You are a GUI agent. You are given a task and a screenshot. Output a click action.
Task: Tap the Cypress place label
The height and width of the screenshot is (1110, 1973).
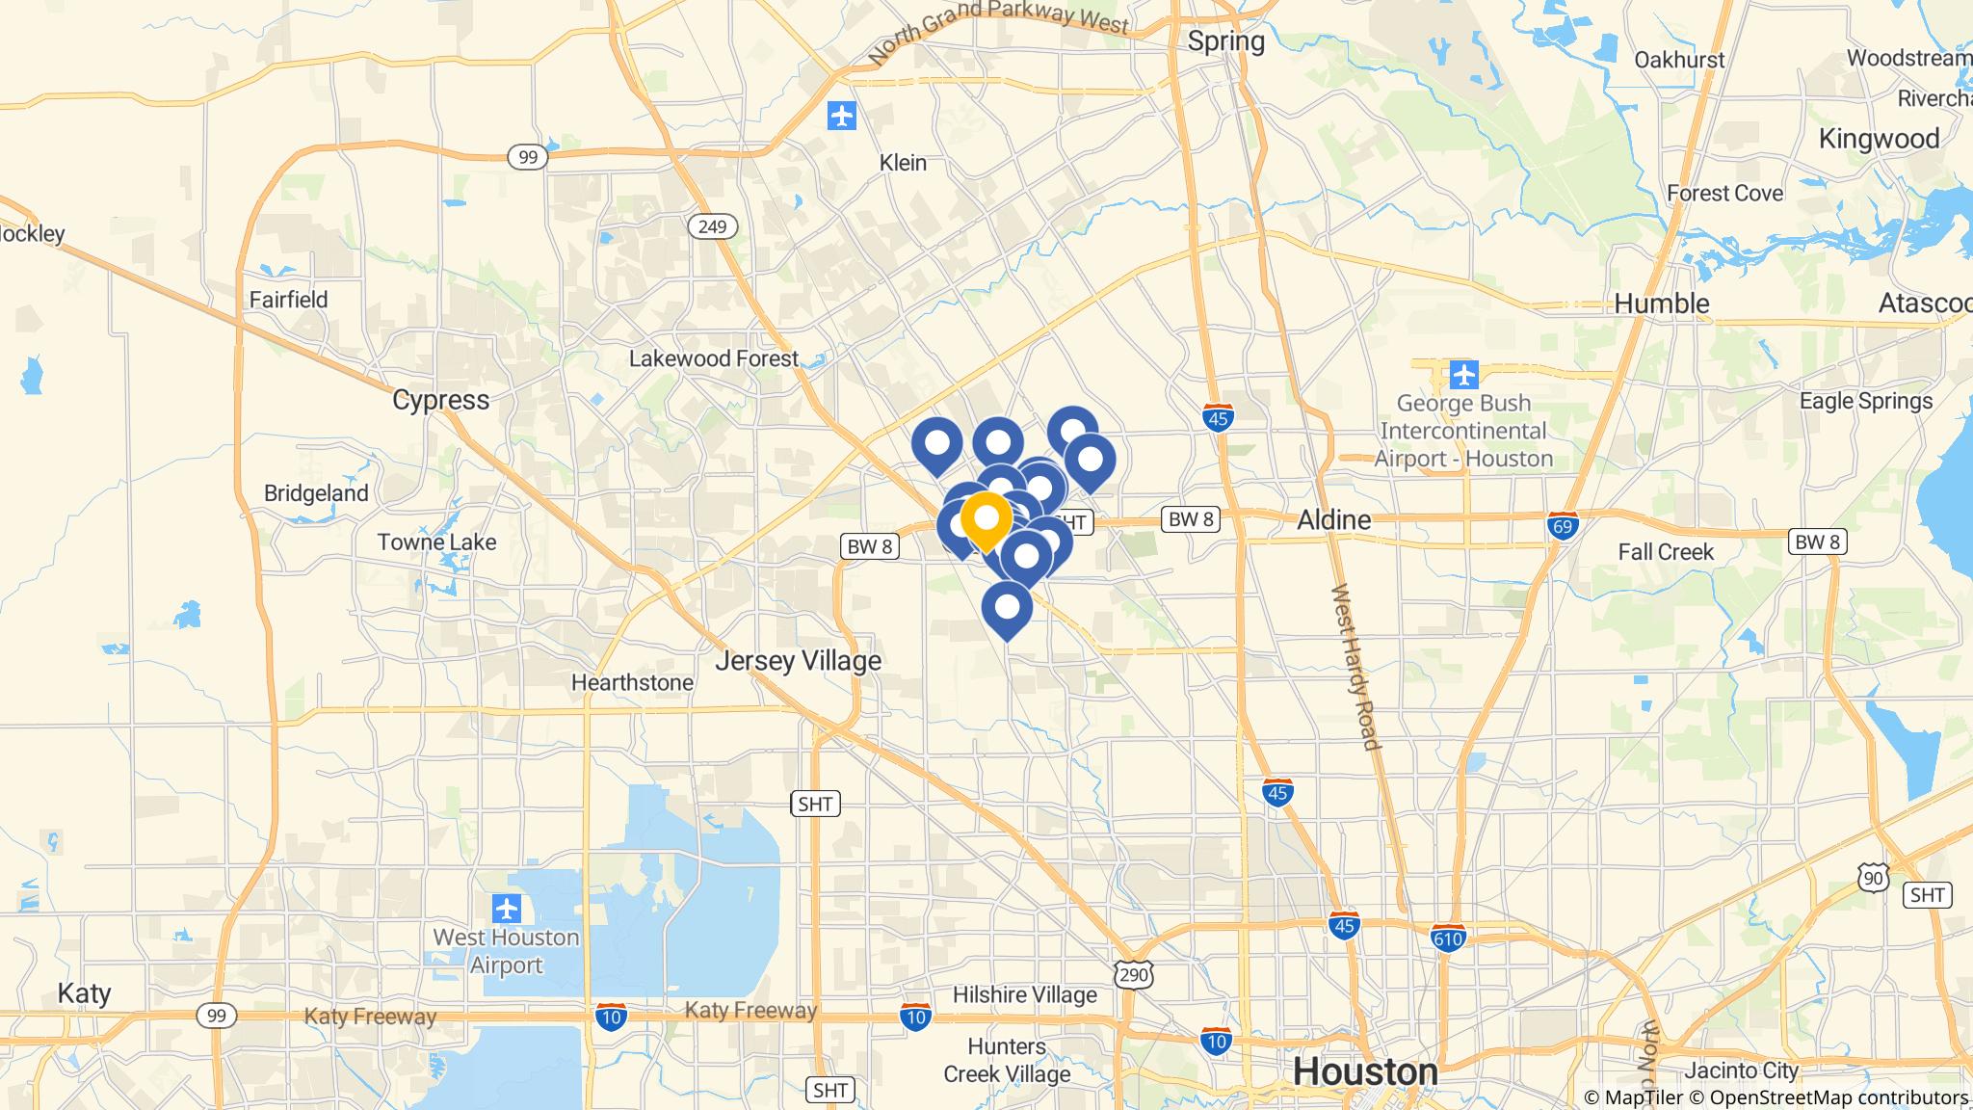tap(440, 400)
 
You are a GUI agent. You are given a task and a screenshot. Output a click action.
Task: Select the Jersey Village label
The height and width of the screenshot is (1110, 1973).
tap(798, 661)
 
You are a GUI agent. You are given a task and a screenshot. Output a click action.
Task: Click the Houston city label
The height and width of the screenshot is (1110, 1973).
tap(1365, 1071)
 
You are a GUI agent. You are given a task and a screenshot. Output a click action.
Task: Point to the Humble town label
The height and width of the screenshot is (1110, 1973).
tap(1661, 304)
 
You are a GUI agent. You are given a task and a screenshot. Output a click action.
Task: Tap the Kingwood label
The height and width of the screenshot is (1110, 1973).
tap(1879, 139)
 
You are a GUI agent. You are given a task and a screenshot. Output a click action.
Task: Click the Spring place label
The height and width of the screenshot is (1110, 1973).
tap(1225, 40)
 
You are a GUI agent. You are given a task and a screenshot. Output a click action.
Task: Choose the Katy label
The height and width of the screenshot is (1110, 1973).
tap(85, 993)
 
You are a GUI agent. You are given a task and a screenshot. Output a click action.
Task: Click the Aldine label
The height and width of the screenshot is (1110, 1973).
tap(1333, 520)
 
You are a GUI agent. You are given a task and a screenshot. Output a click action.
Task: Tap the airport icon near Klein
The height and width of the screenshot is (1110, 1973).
tap(842, 117)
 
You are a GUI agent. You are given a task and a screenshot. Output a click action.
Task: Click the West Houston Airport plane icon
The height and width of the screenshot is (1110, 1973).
tap(507, 908)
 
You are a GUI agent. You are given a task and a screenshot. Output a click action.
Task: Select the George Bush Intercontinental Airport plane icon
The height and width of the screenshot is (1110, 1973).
tap(1463, 373)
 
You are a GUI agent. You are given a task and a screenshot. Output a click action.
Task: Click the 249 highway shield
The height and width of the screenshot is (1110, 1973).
tap(712, 226)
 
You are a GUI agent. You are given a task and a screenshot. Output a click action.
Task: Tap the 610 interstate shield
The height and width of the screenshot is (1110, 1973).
tap(1448, 938)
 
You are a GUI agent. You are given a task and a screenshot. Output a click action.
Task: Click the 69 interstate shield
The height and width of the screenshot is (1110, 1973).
tap(1563, 525)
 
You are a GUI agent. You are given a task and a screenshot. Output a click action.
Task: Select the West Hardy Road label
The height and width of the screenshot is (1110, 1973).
tap(1355, 666)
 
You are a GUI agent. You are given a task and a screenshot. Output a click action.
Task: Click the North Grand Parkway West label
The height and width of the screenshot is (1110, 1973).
tap(997, 29)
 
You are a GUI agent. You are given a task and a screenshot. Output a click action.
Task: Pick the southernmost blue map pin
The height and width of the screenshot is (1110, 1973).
tap(1007, 609)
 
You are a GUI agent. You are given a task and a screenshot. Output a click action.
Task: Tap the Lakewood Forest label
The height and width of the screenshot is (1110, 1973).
tap(714, 358)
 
